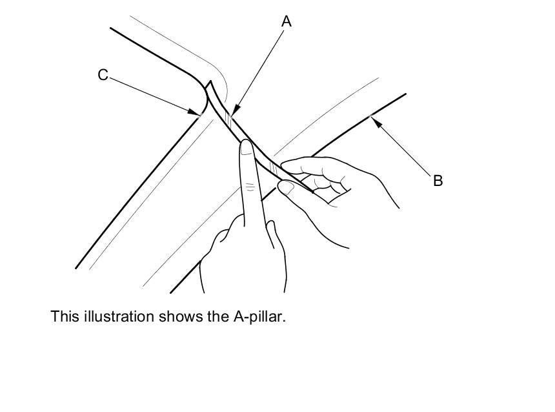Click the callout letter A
point(287,21)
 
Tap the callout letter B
point(438,181)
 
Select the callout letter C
point(103,76)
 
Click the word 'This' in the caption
point(64,317)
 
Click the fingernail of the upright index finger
point(246,149)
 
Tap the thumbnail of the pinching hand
point(287,188)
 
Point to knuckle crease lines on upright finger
point(248,187)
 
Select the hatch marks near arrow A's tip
point(227,118)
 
